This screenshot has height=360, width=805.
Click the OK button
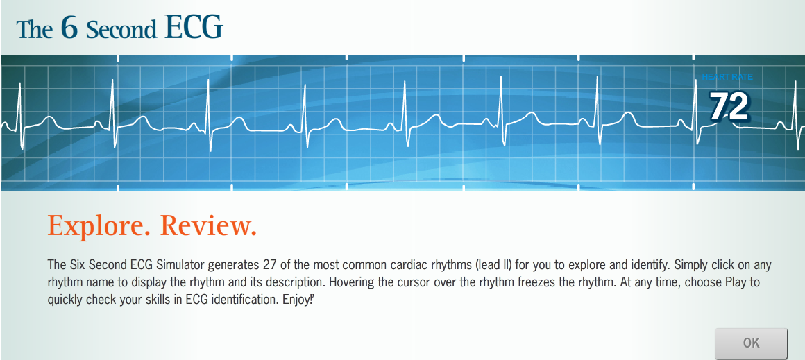(x=751, y=343)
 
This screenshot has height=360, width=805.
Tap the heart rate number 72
(x=729, y=107)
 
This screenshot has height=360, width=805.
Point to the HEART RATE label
(x=727, y=77)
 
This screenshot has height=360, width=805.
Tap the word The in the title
(x=34, y=29)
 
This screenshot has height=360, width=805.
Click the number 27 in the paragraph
(x=271, y=266)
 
